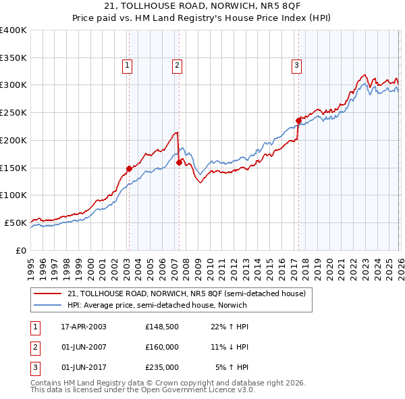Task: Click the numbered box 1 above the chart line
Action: tap(128, 66)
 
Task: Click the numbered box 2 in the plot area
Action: tap(177, 66)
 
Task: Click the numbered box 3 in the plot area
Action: tap(296, 66)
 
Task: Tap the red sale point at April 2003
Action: tap(129, 168)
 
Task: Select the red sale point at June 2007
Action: tap(179, 162)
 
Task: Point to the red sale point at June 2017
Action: tap(298, 121)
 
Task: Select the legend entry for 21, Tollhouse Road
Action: tap(186, 294)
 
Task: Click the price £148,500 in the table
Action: tap(161, 326)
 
